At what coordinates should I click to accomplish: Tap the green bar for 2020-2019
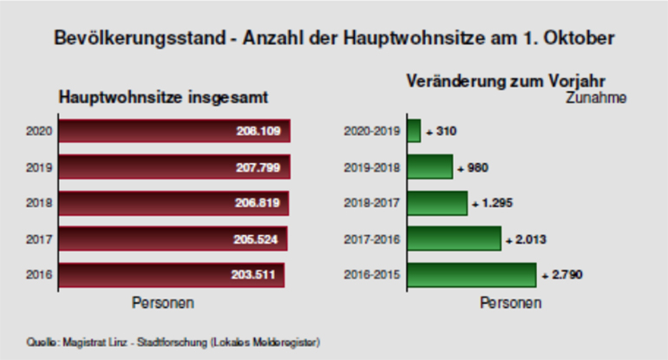tap(414, 131)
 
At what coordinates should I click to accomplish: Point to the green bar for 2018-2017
tap(437, 203)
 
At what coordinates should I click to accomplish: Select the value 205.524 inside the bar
tap(257, 239)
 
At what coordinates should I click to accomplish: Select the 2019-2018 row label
tap(372, 167)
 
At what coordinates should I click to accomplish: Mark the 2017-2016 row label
tap(372, 239)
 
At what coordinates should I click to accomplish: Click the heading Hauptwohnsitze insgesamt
tap(162, 97)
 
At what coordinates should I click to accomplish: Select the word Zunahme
tap(596, 98)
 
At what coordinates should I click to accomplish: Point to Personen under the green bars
tap(510, 304)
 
